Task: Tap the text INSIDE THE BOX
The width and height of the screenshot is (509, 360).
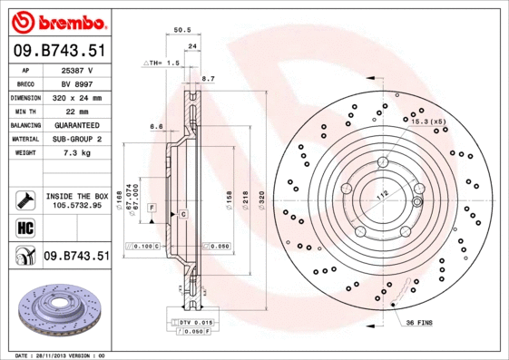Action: pyautogui.click(x=75, y=196)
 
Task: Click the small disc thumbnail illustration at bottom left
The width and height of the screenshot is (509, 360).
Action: pyautogui.click(x=56, y=312)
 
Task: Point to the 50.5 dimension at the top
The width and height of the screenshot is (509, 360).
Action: pyautogui.click(x=181, y=31)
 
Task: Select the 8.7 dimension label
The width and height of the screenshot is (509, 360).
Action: pyautogui.click(x=207, y=80)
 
